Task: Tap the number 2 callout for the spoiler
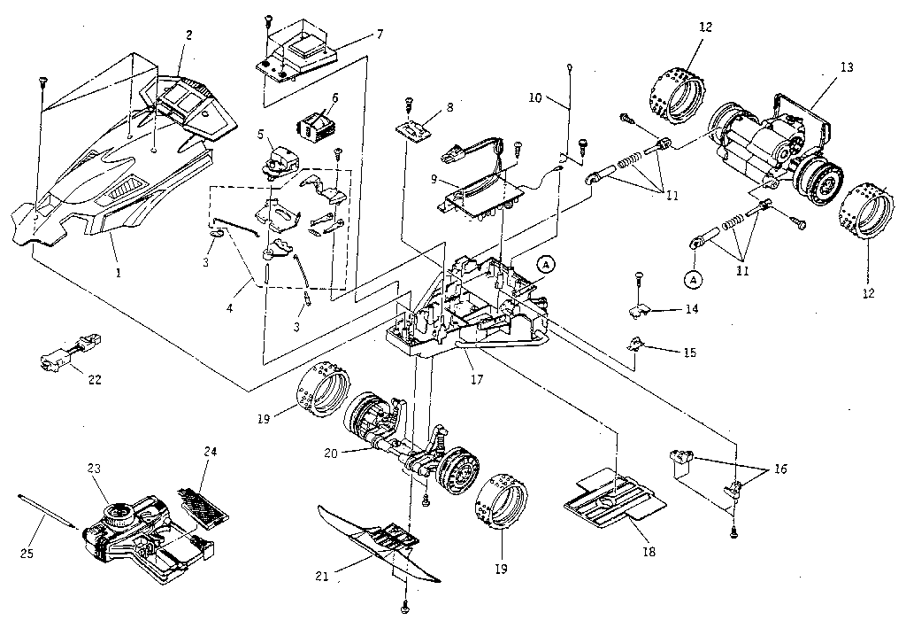[188, 36]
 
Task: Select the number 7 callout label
[379, 35]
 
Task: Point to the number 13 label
[847, 68]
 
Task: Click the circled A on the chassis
[546, 264]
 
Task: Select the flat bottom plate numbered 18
[614, 500]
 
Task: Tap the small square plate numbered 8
[413, 128]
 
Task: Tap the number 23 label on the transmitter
[95, 469]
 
